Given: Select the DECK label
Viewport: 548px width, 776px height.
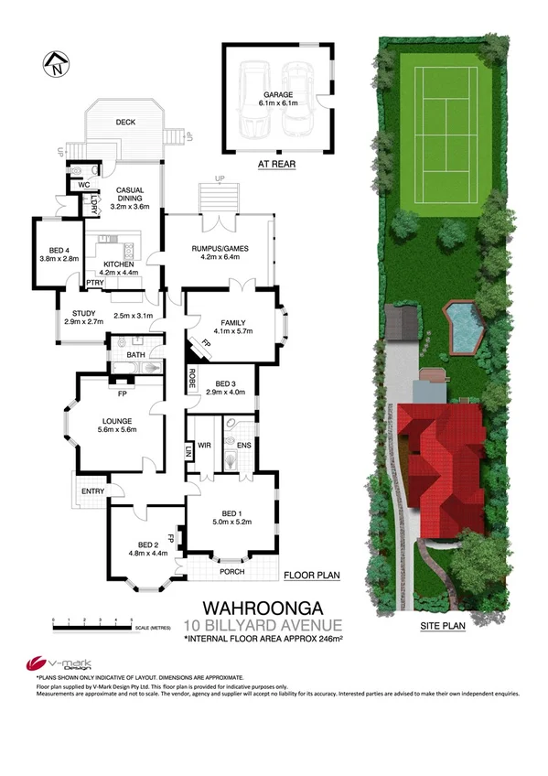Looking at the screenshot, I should (125, 122).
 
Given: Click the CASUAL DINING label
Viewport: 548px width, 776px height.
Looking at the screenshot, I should (128, 195).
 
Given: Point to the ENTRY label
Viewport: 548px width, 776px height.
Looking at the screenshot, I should (93, 491).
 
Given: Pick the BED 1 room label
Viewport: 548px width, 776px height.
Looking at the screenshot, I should (231, 516).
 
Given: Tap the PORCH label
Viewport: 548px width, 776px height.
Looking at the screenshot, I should (232, 573).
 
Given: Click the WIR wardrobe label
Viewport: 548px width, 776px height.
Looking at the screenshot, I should (204, 444).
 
